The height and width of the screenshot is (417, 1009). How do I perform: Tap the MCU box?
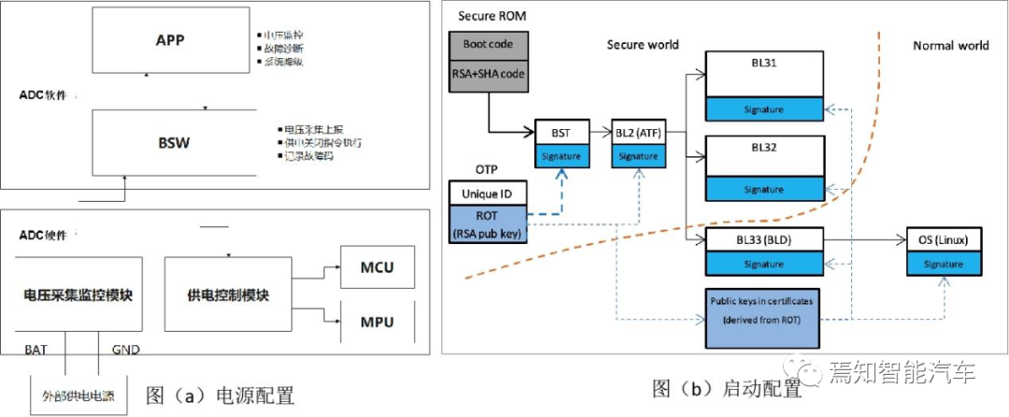(x=377, y=268)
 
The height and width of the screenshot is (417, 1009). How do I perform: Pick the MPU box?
(x=377, y=323)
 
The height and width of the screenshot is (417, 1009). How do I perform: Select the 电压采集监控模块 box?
(x=77, y=295)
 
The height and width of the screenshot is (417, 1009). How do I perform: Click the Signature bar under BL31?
(x=763, y=109)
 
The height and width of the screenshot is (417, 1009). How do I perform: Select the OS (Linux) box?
(x=944, y=241)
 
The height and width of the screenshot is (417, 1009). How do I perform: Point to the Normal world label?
(x=950, y=45)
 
